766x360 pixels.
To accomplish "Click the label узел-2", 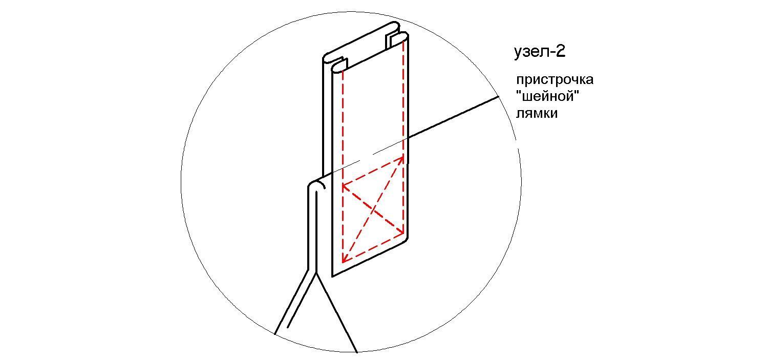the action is tap(540, 52).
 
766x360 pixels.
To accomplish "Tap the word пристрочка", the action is tap(555, 80).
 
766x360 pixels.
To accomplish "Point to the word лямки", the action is tap(537, 113).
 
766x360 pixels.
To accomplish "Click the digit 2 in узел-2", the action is tap(561, 51).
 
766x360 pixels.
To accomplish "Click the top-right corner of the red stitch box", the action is tap(404, 157).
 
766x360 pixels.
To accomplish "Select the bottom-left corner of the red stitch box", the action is tap(343, 263).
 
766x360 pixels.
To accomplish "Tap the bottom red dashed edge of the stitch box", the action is tap(373, 249).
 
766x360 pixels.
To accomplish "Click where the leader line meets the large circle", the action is tap(499, 97).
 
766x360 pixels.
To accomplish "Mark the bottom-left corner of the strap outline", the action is tap(332, 276).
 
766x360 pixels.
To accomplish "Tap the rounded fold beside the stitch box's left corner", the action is tap(316, 185).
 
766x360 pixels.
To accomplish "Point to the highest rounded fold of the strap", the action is tap(395, 25).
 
